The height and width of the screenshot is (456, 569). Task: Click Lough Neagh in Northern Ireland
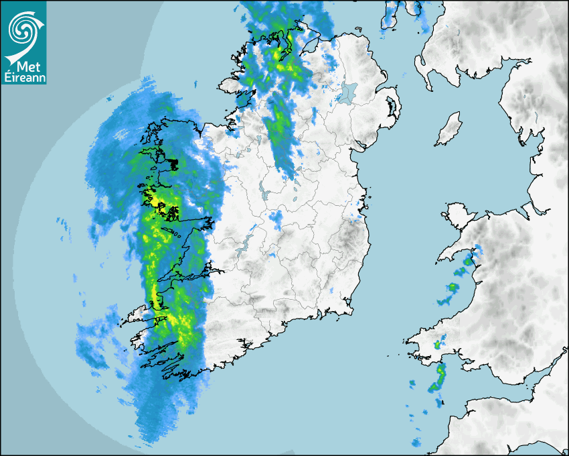347,92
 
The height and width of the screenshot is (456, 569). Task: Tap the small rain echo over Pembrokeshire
437,345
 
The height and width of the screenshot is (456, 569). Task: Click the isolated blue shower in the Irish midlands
276,217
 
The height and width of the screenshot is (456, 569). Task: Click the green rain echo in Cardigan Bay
453,288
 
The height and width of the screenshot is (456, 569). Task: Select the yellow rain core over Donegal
275,54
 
